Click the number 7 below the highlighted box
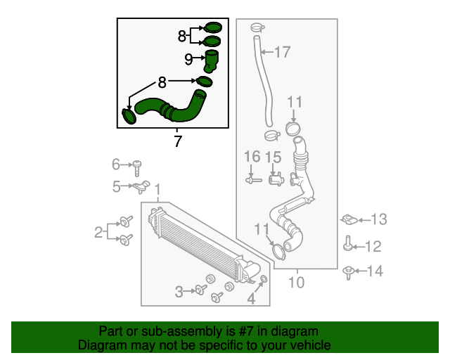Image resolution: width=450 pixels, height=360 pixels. [x=178, y=141]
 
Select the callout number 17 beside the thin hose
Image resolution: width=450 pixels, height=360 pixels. [x=281, y=51]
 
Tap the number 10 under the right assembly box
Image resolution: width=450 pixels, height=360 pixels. [x=296, y=283]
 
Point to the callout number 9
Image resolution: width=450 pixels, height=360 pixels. [x=188, y=60]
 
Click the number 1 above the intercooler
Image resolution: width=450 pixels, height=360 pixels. [x=158, y=190]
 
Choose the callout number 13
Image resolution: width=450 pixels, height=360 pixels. [x=379, y=220]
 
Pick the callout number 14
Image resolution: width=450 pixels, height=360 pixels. [x=376, y=271]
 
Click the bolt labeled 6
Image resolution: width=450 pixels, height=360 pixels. [x=139, y=167]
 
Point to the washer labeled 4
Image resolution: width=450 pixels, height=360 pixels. [x=264, y=282]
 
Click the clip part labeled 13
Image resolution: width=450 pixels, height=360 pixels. [x=349, y=220]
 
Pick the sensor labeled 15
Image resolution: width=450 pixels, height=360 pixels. [x=275, y=179]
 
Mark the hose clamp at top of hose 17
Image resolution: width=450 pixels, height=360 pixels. [x=256, y=28]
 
